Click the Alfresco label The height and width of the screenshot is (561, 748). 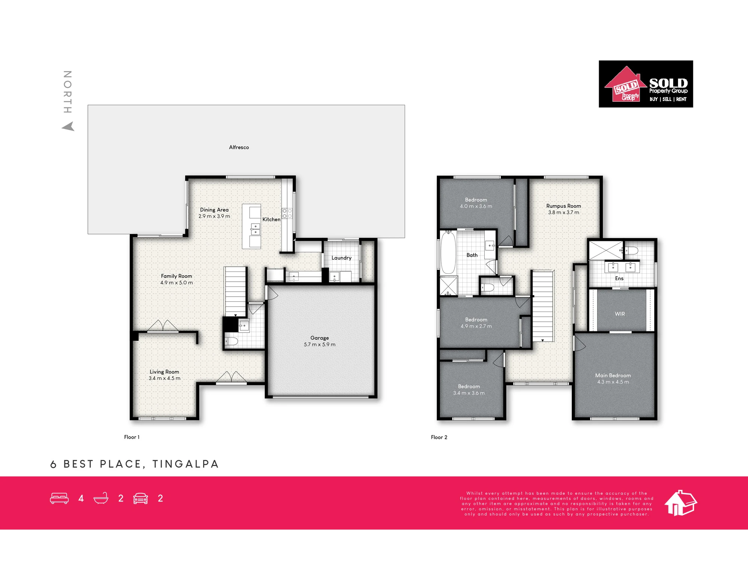(x=239, y=147)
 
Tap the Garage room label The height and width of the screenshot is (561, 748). (x=319, y=338)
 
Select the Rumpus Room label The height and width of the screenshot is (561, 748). (x=564, y=206)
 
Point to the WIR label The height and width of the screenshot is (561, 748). (x=620, y=314)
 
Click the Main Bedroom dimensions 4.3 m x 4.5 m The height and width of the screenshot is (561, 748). (x=613, y=382)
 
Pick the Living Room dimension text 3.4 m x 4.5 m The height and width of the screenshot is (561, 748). (x=165, y=378)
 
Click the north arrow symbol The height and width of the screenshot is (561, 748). (x=68, y=127)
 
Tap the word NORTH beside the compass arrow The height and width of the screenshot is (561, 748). (x=67, y=92)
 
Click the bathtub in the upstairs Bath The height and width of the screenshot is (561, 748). (x=448, y=253)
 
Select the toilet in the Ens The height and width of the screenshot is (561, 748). (x=631, y=251)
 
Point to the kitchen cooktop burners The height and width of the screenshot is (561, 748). (x=287, y=214)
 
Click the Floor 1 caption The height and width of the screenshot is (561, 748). (x=132, y=437)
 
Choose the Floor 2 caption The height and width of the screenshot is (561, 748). (x=439, y=437)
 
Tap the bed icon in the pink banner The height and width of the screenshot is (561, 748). (x=59, y=499)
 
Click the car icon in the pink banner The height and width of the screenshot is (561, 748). (x=141, y=499)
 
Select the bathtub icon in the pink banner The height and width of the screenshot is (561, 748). (x=101, y=498)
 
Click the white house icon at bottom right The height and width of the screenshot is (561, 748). (x=681, y=503)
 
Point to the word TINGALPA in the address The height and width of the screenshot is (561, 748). (x=186, y=464)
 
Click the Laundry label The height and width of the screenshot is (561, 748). (x=341, y=258)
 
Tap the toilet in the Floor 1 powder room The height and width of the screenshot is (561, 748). (x=232, y=341)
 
